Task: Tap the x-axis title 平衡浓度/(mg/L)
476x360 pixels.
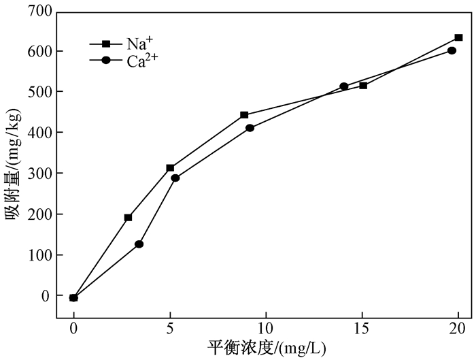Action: tap(267, 348)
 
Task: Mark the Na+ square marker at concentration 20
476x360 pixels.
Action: tap(458, 37)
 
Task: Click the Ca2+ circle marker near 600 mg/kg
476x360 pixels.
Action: tap(452, 50)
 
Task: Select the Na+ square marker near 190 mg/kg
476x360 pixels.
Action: tap(128, 218)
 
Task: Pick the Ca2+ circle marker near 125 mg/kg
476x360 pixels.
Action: tap(139, 244)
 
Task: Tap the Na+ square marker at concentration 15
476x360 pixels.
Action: tap(363, 85)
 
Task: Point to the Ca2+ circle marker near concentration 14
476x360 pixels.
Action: tap(344, 86)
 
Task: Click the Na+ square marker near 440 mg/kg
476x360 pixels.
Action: tap(244, 115)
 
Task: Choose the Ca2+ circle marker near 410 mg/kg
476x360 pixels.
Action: tap(250, 128)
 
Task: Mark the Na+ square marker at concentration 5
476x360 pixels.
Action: tap(170, 167)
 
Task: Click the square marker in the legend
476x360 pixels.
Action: tap(105, 44)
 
